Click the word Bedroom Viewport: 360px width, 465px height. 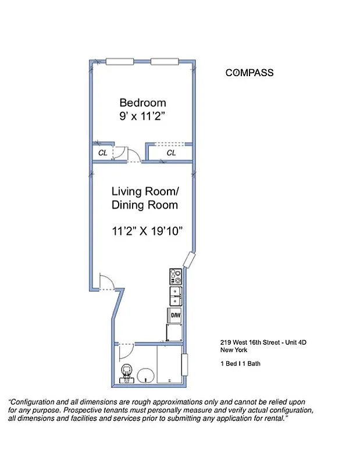[142, 102]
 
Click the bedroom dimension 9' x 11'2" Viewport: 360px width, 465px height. [142, 116]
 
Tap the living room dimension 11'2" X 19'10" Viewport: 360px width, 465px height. [147, 231]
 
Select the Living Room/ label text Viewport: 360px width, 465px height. [145, 191]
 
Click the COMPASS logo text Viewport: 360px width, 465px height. [249, 73]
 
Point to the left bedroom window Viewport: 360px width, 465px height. [120, 62]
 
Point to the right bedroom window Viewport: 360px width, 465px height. [165, 62]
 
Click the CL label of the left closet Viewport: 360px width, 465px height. [102, 153]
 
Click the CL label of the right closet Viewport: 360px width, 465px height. [171, 153]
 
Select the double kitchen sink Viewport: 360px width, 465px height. [176, 296]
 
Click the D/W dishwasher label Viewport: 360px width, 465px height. [175, 315]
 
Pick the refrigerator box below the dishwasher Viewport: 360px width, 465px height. [175, 332]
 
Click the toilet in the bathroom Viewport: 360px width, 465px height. [126, 372]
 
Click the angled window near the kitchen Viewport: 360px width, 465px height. [189, 260]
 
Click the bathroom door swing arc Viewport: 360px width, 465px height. [126, 350]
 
